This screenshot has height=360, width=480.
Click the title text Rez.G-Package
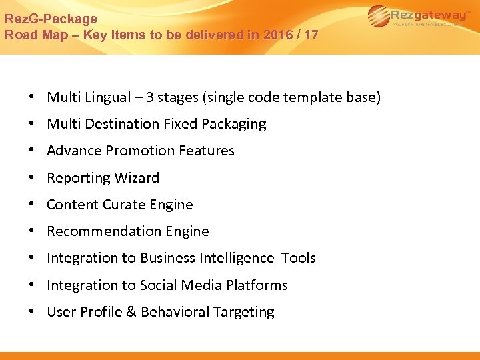(51, 19)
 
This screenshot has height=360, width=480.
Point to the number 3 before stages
(151, 97)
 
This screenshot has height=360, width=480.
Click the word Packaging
(233, 125)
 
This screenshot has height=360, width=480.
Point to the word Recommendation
(99, 231)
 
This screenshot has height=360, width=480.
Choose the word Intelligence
(236, 258)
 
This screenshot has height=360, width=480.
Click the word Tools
(298, 258)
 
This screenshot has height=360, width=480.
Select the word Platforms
(257, 285)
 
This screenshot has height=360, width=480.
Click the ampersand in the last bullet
(129, 312)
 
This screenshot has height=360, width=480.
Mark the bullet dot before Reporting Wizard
(32, 178)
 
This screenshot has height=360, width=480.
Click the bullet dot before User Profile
(32, 312)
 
